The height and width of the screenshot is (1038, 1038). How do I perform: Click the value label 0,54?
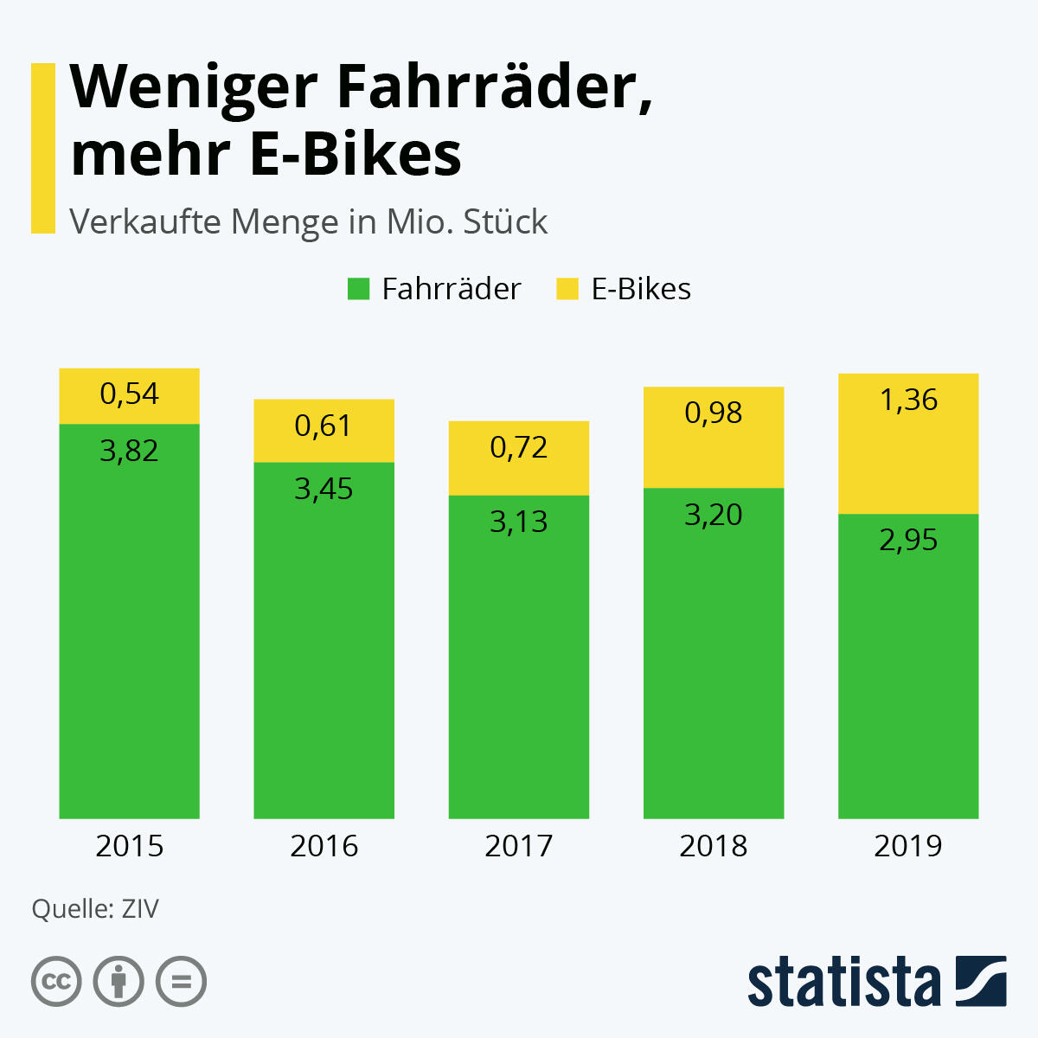click(x=129, y=394)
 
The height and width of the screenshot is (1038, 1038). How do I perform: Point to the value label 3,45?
click(x=324, y=490)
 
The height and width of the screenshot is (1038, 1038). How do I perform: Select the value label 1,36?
click(x=908, y=400)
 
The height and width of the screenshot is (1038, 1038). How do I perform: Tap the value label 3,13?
click(x=519, y=522)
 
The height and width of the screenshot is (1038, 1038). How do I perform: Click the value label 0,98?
click(x=714, y=413)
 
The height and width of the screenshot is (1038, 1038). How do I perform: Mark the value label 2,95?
click(x=908, y=540)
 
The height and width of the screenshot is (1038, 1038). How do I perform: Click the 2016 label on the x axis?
click(x=324, y=846)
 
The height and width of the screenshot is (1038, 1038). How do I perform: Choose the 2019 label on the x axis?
click(x=908, y=846)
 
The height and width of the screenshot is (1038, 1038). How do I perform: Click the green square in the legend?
click(x=358, y=289)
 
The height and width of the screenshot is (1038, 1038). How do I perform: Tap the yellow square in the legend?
click(x=567, y=289)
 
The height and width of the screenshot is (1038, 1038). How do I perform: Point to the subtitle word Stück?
click(x=505, y=222)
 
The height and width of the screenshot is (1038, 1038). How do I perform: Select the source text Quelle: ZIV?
click(x=95, y=909)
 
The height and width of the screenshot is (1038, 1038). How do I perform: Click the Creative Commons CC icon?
click(x=56, y=982)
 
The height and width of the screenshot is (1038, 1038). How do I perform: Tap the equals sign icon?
click(x=181, y=982)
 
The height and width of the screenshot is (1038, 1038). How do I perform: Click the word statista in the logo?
click(x=843, y=983)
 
